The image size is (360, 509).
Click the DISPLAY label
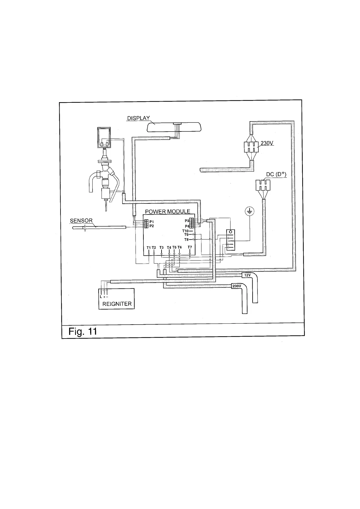click(138, 118)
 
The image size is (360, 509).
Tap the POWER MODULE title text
click(168, 211)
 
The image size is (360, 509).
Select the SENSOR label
click(81, 221)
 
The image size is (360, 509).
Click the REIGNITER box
click(117, 299)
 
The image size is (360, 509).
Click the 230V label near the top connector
click(267, 143)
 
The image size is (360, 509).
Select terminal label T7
click(190, 247)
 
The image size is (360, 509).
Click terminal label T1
click(149, 248)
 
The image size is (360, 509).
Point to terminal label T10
click(185, 231)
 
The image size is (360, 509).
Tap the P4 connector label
click(187, 226)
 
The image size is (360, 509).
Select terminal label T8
click(186, 239)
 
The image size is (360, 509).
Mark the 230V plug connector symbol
click(251, 148)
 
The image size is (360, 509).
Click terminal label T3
click(161, 248)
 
